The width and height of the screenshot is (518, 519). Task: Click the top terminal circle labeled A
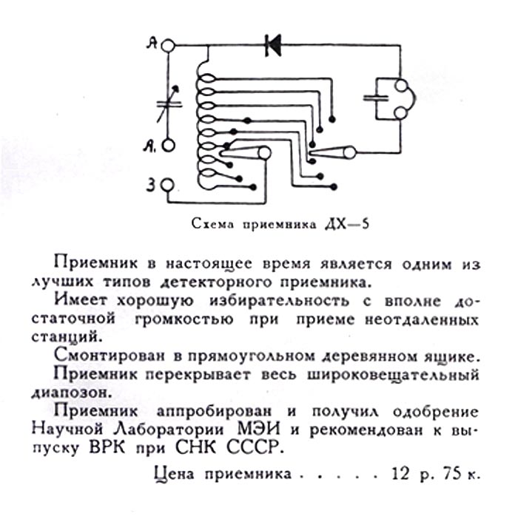tap(169, 46)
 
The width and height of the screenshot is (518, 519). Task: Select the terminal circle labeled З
tap(169, 185)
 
